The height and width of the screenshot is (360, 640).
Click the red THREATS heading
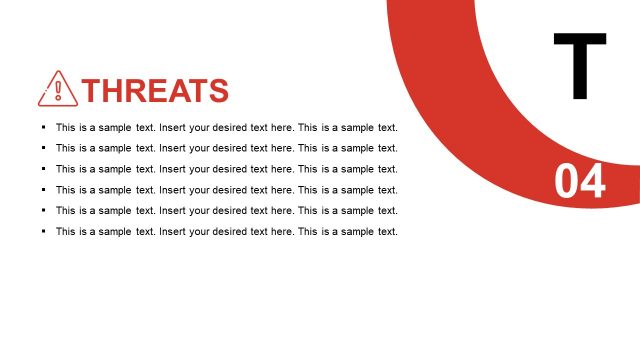coord(156,91)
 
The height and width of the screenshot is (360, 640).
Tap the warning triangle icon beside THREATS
coord(57,89)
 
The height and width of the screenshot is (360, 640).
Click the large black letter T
coord(580,66)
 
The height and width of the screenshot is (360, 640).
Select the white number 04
coord(580,183)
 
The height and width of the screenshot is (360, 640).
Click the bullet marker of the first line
coord(43,127)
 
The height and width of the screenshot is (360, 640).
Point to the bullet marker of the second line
coord(43,148)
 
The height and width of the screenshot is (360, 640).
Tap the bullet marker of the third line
coord(43,169)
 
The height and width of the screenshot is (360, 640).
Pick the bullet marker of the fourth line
coord(43,190)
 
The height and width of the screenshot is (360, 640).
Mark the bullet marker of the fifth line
coord(43,211)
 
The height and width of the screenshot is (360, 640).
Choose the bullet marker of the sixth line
coord(43,232)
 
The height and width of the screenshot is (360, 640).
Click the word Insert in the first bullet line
coord(173,127)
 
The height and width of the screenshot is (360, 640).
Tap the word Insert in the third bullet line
coord(173,169)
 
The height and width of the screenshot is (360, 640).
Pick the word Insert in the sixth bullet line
coord(173,232)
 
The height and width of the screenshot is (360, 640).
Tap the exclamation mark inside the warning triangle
coord(57,91)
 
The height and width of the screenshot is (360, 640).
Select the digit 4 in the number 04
coord(593,183)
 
